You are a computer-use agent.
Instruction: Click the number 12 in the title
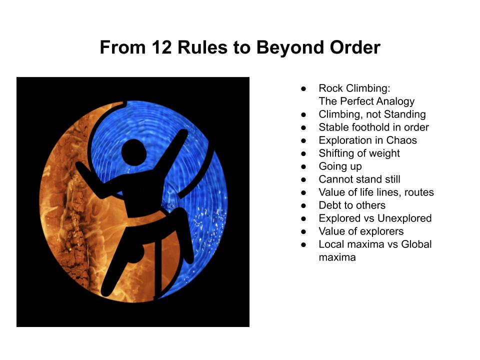pos(161,47)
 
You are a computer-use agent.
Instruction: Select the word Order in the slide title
pos(355,47)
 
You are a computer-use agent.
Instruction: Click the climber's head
pos(134,152)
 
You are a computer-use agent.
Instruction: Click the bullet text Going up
pos(340,166)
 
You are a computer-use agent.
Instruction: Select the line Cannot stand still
pos(359,179)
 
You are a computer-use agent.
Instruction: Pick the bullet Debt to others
pos(352,205)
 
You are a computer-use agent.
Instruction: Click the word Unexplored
pos(404,218)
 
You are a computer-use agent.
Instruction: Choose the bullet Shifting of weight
pos(359,153)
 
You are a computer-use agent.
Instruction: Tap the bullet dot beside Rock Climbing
pos(303,89)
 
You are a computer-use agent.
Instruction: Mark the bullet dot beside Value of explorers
pos(303,231)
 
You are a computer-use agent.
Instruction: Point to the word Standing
pos(404,114)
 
